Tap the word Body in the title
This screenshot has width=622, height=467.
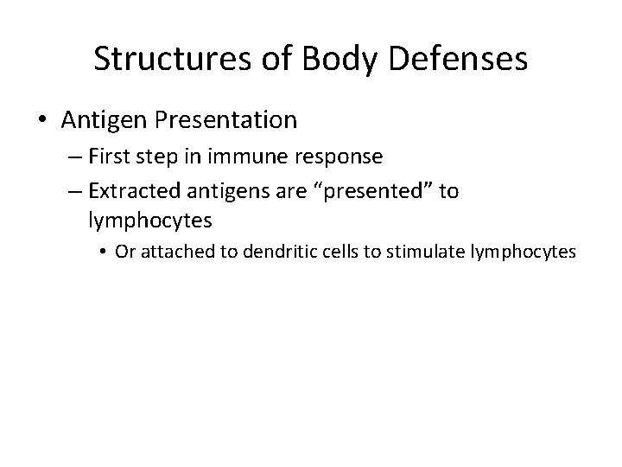(x=324, y=59)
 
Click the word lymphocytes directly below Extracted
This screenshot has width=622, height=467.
(x=149, y=221)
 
